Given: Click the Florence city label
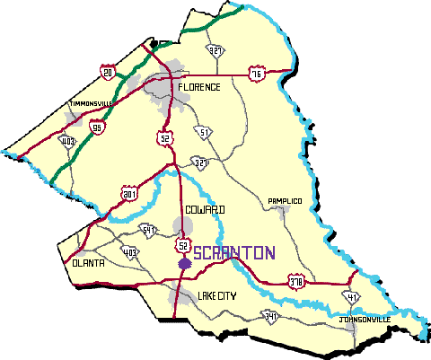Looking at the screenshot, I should [198, 87].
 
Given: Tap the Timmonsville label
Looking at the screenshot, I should [92, 105].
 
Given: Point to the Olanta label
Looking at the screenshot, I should [88, 262].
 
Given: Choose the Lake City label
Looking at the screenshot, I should [216, 294].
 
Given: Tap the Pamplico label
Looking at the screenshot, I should [285, 202].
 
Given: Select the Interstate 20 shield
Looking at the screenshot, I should [109, 71].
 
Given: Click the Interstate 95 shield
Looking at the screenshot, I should [97, 127].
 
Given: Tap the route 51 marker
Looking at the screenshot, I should [206, 133].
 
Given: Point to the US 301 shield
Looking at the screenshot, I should [128, 192].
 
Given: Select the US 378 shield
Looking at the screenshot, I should [294, 283].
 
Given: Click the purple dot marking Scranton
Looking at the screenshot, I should [183, 264].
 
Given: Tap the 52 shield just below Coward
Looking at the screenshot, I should [182, 244].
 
